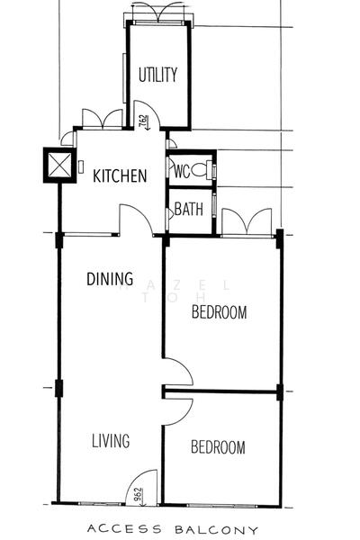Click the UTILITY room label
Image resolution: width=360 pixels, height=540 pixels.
click(158, 75)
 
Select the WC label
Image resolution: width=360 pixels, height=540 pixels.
click(180, 170)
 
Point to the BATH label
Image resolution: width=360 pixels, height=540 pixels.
click(188, 211)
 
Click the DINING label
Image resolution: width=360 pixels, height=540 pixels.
click(110, 279)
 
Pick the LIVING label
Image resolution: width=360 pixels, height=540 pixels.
click(111, 441)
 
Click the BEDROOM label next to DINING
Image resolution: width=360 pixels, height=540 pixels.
click(220, 313)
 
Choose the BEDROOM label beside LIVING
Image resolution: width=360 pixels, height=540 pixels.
click(218, 447)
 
